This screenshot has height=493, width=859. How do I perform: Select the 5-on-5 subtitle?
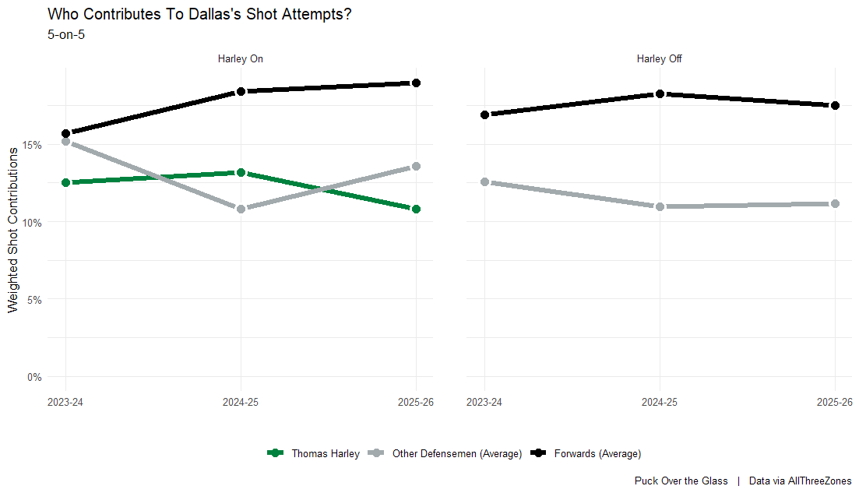(x=66, y=34)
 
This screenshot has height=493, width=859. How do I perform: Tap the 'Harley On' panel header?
(x=240, y=59)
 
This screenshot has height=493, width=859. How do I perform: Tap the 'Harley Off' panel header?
(x=660, y=59)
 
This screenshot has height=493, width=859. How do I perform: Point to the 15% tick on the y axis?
(x=33, y=145)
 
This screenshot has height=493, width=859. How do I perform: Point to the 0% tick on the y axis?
(x=35, y=377)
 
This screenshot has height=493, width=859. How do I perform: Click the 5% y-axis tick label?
(x=35, y=299)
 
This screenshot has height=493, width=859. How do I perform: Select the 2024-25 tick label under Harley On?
(x=241, y=402)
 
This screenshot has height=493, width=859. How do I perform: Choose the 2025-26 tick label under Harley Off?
(x=834, y=402)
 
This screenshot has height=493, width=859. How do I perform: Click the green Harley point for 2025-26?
(x=416, y=209)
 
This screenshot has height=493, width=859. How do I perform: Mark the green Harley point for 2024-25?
(x=241, y=172)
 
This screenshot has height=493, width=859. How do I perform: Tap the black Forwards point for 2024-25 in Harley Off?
(x=660, y=93)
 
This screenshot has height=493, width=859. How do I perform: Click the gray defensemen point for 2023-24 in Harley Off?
(x=485, y=181)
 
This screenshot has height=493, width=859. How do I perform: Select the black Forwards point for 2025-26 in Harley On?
(x=416, y=83)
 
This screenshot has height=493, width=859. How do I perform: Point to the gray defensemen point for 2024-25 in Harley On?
(x=241, y=209)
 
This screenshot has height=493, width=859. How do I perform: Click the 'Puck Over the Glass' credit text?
(x=681, y=481)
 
